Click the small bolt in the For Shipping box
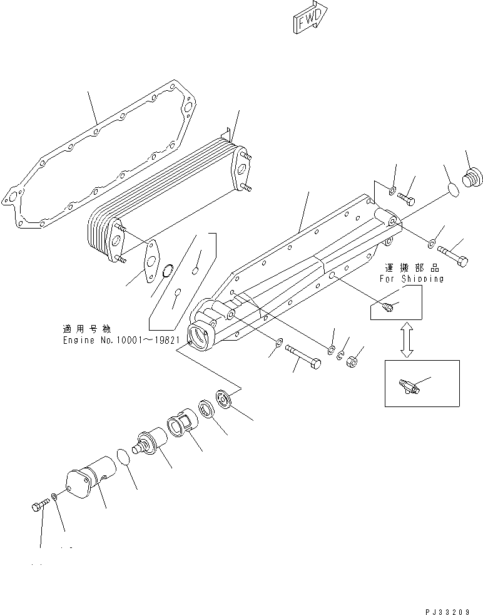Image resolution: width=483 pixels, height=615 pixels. (388, 306)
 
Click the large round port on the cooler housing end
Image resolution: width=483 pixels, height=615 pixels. (203, 338)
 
